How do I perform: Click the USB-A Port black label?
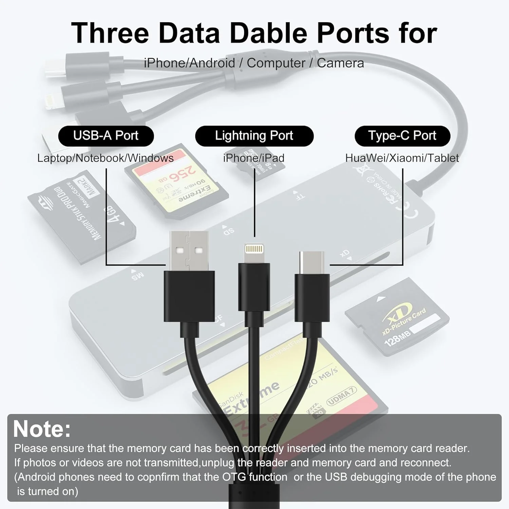106,136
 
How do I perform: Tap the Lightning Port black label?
254,136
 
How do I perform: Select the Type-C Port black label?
402,136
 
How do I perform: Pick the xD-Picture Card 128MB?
397,317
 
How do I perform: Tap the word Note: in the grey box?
42,429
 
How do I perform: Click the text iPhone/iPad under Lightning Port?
254,158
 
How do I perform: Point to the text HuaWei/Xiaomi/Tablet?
402,158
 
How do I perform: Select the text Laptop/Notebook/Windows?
105,158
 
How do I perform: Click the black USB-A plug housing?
189,296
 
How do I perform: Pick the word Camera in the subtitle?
340,63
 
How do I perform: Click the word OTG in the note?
234,477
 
